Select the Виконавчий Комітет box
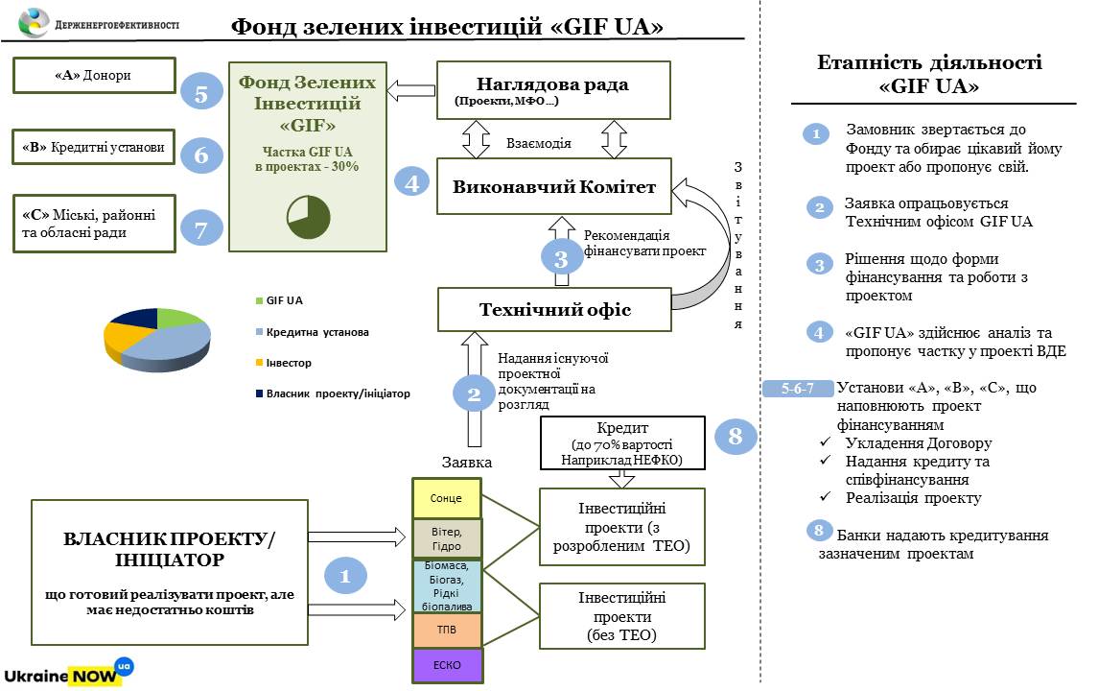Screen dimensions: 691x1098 (x=553, y=186)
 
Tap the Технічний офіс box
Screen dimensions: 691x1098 (x=553, y=309)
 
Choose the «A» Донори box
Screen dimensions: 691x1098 (x=94, y=75)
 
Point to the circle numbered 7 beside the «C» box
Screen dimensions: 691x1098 (x=201, y=228)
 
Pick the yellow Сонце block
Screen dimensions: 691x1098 (x=447, y=498)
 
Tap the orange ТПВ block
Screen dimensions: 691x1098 (x=447, y=631)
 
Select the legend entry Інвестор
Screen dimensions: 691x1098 (x=289, y=363)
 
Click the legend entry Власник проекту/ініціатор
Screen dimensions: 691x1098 (x=333, y=393)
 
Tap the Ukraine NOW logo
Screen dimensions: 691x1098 (x=68, y=671)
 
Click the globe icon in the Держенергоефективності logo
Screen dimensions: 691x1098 (x=35, y=21)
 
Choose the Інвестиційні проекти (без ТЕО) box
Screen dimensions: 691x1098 (x=621, y=615)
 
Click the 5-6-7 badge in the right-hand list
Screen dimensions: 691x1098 (x=797, y=389)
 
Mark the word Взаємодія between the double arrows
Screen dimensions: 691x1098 (x=539, y=143)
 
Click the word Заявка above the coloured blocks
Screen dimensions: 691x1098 (x=467, y=463)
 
